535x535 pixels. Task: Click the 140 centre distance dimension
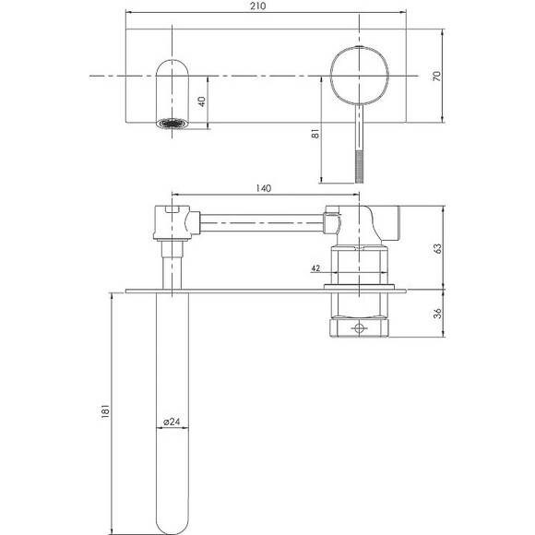coord(262,189)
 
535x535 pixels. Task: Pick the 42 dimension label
coord(315,268)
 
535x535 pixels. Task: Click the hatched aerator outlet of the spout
coord(172,123)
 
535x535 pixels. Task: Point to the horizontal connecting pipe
coord(258,221)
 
